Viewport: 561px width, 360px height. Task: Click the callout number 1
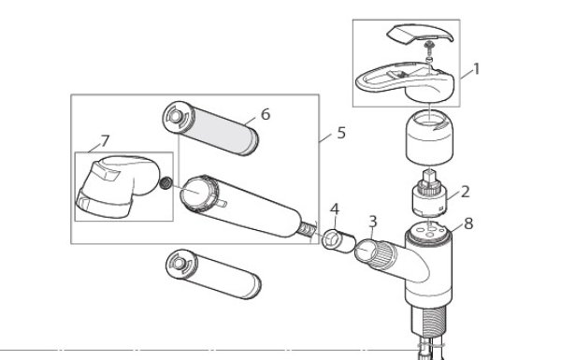(476, 68)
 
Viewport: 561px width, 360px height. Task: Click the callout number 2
(465, 192)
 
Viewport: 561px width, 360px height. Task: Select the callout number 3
(373, 222)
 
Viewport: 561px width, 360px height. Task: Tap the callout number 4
(335, 209)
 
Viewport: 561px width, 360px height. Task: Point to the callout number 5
(341, 133)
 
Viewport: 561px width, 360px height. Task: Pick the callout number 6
(266, 114)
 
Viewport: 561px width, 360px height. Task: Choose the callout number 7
(105, 141)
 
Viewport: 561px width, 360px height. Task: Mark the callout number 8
(468, 223)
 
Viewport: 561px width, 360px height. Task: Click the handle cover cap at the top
(420, 34)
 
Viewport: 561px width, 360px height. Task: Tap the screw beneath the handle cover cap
(429, 46)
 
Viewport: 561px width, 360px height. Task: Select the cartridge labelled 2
(429, 194)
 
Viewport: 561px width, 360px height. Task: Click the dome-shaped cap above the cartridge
(429, 137)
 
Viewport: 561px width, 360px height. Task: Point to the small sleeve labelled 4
(338, 241)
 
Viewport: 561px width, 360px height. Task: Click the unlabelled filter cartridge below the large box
(213, 274)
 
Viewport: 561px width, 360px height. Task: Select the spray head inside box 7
(118, 186)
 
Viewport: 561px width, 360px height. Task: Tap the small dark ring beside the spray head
(165, 183)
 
